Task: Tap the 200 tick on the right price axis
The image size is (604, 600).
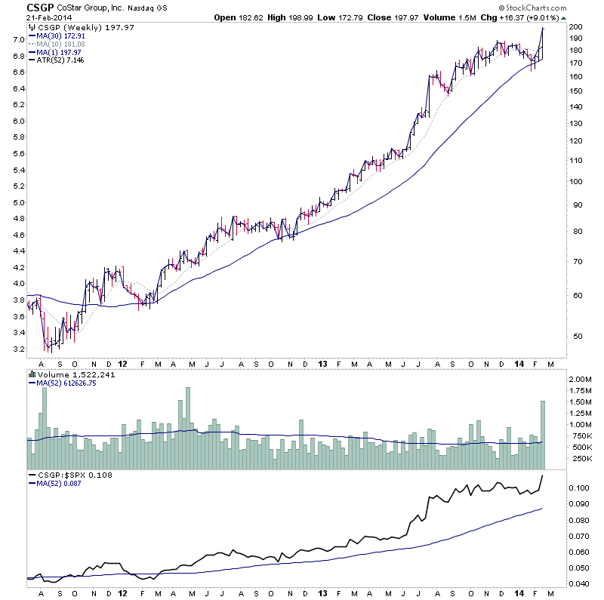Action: pos(575,27)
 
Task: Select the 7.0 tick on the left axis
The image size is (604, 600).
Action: pos(16,38)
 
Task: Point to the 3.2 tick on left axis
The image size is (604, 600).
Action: pos(16,349)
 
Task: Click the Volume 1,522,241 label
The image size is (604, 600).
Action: pos(75,374)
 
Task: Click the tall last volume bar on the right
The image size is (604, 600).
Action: pos(542,435)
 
